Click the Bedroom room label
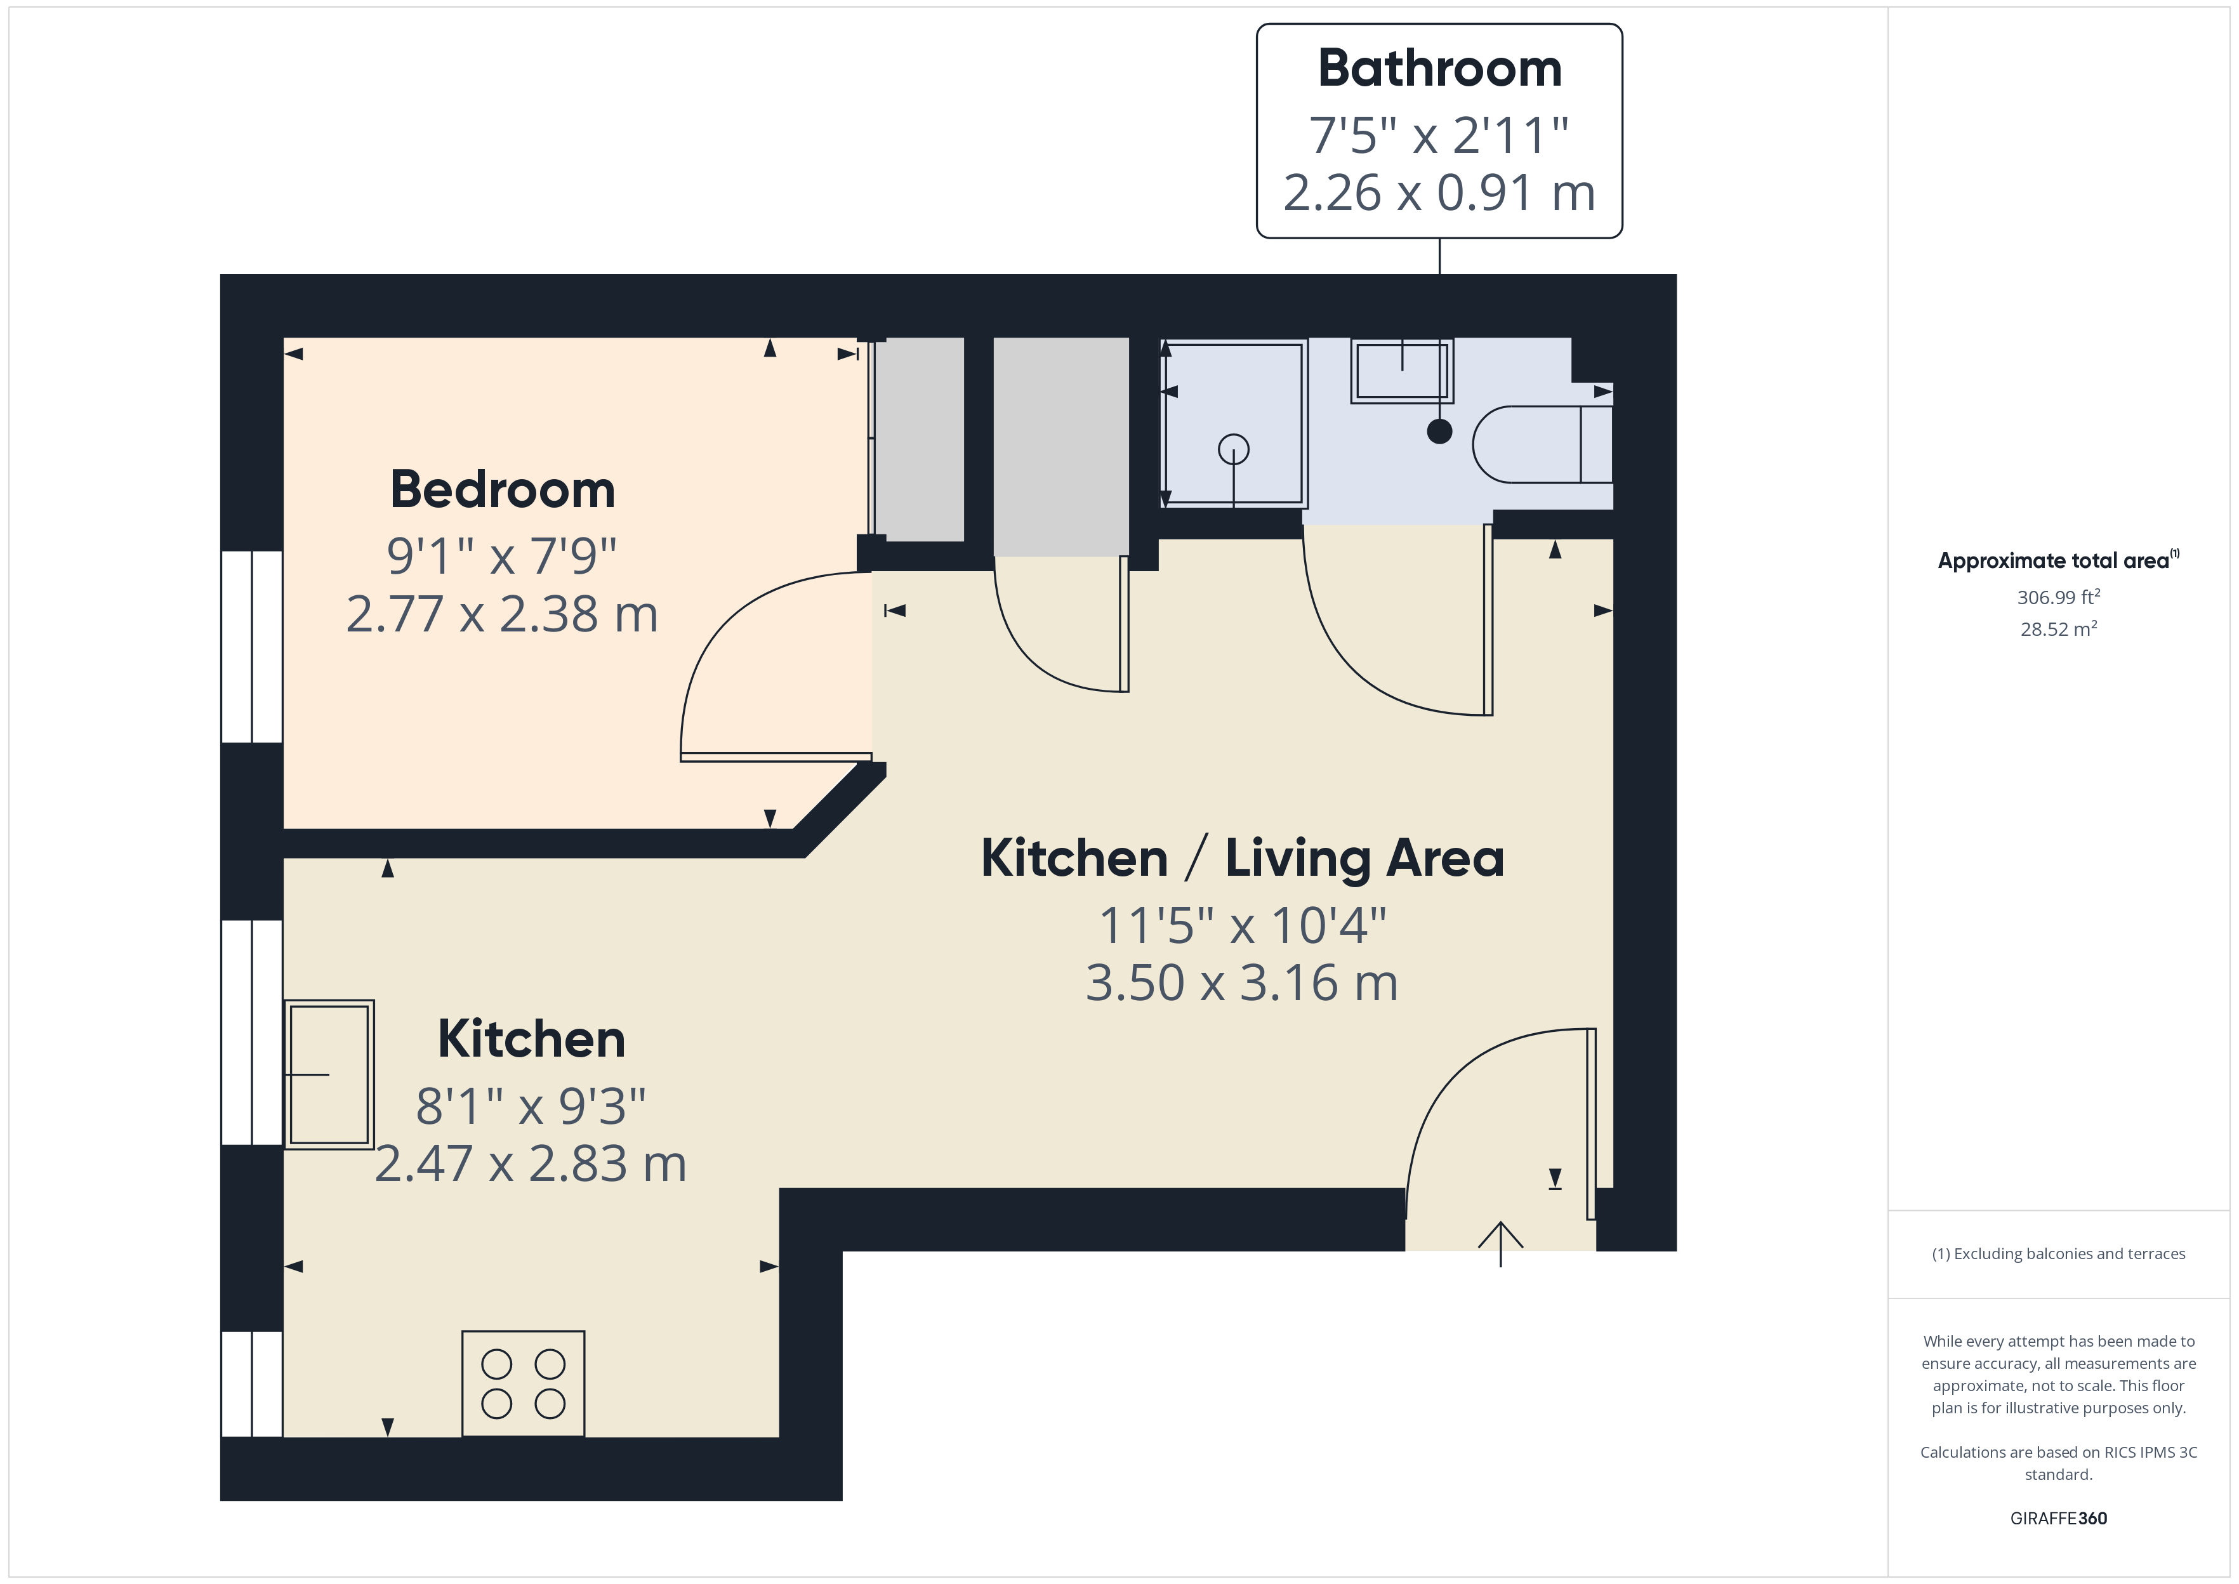click(x=502, y=490)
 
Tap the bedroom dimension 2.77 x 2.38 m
click(x=502, y=614)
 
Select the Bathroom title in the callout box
click(x=1439, y=69)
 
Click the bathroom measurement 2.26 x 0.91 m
click(x=1439, y=192)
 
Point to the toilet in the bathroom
click(x=1541, y=445)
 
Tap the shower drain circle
click(x=1234, y=450)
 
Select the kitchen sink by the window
click(x=329, y=1074)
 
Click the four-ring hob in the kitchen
click(x=523, y=1383)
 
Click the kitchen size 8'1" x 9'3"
click(x=531, y=1107)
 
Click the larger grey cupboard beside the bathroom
click(x=1061, y=447)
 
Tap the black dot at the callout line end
click(x=1439, y=431)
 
